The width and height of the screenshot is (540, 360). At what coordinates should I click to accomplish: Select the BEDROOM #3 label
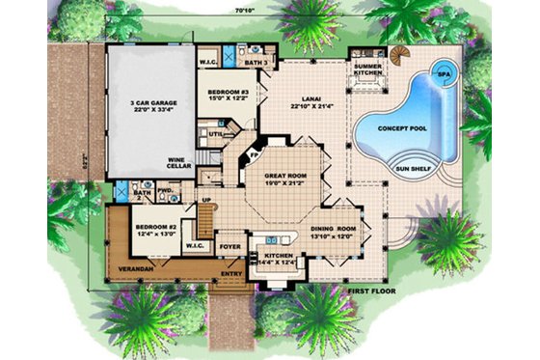tap(229, 93)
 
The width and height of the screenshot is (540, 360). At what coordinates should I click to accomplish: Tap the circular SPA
tap(445, 72)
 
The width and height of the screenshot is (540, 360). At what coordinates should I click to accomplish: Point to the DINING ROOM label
tap(334, 230)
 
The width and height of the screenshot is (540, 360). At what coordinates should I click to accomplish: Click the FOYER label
tap(229, 246)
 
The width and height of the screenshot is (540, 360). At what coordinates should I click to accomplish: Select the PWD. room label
tap(164, 190)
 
